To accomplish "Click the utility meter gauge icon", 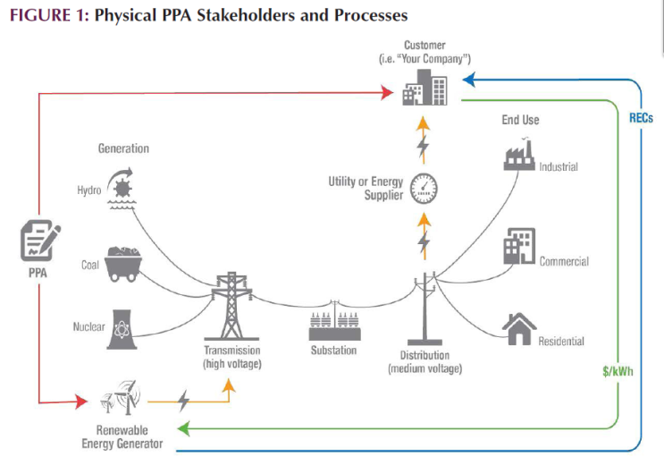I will click(424, 187).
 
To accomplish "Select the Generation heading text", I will click(123, 148).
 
